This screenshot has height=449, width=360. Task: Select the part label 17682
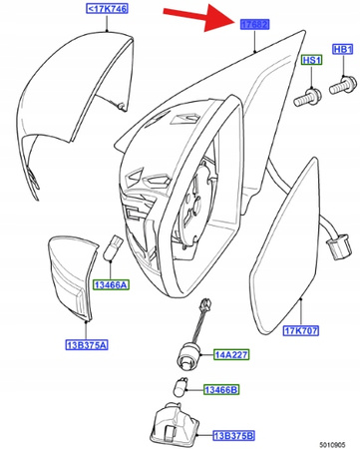[254, 23]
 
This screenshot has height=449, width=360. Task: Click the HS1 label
[310, 61]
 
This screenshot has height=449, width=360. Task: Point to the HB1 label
[343, 50]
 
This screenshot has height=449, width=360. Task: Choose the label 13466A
[111, 284]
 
